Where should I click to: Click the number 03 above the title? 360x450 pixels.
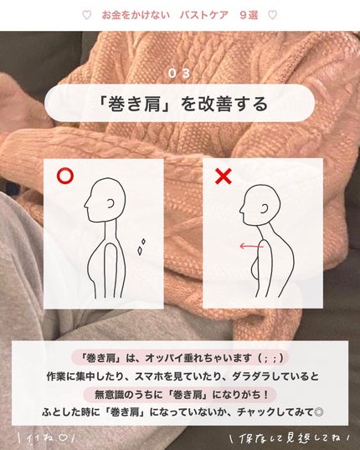pos(179,74)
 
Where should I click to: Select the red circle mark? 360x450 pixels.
pos(64,177)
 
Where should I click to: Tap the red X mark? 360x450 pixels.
pos(224,176)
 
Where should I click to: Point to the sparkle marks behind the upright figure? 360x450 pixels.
pos(141,245)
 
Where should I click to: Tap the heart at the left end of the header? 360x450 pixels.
pos(87,15)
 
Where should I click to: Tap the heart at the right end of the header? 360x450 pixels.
pos(272,15)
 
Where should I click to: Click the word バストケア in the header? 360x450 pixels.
pos(203,15)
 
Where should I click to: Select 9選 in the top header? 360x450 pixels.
pos(248,15)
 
